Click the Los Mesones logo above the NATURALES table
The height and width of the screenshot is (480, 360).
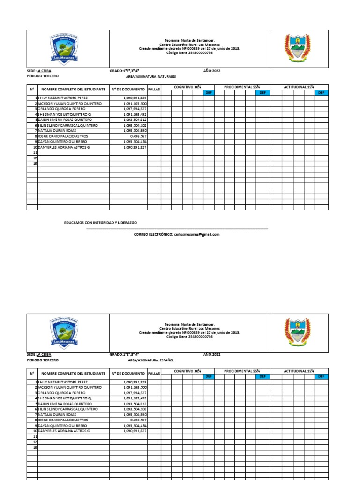click(x=64, y=48)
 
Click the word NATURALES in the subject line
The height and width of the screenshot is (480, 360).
click(x=167, y=76)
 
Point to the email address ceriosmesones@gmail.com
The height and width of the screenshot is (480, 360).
click(x=196, y=234)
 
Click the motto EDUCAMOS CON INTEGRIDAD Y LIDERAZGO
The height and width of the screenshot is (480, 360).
click(x=100, y=223)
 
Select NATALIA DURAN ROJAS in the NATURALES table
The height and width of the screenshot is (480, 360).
click(x=57, y=131)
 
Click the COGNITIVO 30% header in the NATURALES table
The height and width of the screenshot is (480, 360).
click(x=187, y=87)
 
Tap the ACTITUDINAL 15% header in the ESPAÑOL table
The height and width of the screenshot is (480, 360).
click(x=299, y=371)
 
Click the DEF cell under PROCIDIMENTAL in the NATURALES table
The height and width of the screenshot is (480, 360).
click(x=262, y=93)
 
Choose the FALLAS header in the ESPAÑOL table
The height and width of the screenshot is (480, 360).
click(x=154, y=374)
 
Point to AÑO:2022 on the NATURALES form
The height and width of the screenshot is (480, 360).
click(x=212, y=70)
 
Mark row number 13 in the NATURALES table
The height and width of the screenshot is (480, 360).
click(x=35, y=163)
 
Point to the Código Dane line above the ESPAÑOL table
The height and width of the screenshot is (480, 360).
click(x=189, y=337)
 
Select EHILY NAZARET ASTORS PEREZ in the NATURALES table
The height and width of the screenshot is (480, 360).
click(x=63, y=98)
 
